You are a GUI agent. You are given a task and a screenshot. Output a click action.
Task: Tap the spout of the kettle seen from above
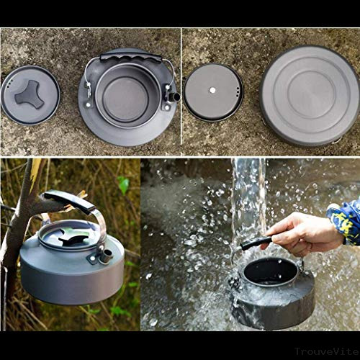pos(174,96)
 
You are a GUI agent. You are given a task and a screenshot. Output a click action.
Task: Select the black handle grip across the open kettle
pos(130,56)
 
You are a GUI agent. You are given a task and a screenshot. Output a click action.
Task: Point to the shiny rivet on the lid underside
pos(212,90)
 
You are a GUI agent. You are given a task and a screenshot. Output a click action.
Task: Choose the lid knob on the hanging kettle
pos(72,237)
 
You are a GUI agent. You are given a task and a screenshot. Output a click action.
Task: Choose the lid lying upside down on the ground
pos(213,92)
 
